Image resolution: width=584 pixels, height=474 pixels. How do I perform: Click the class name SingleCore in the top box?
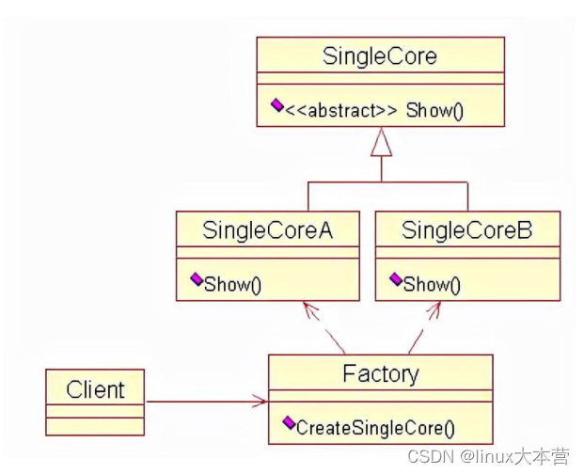[380, 56]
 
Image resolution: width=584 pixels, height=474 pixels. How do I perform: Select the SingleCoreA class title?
[267, 230]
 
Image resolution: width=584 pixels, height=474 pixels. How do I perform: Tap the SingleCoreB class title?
[466, 230]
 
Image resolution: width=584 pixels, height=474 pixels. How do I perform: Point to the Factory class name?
[381, 373]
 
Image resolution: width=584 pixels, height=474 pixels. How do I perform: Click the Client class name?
[95, 390]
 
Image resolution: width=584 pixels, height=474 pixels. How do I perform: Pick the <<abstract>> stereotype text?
[340, 111]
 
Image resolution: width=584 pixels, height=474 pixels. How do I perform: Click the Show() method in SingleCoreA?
[233, 285]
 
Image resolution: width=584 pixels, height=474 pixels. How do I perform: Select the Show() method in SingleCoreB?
[432, 285]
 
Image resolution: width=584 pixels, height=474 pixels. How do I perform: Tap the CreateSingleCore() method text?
[375, 428]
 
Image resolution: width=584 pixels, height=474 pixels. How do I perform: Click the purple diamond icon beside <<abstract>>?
[277, 105]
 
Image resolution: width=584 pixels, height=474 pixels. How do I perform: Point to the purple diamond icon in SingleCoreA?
[197, 279]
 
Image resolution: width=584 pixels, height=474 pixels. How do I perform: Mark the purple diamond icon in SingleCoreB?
[396, 279]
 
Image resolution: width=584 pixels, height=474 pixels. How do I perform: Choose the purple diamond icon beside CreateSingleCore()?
[289, 422]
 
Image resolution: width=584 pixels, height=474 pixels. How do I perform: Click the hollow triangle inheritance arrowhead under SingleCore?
[382, 142]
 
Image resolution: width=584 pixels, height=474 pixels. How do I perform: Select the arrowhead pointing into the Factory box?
[260, 401]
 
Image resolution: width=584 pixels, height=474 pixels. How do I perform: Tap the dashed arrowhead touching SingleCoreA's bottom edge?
[310, 310]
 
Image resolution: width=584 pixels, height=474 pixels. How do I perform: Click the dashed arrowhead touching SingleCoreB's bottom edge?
[434, 310]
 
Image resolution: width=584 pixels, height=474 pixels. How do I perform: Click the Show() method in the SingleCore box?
[434, 111]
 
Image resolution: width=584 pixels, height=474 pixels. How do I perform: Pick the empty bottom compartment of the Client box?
[95, 426]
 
